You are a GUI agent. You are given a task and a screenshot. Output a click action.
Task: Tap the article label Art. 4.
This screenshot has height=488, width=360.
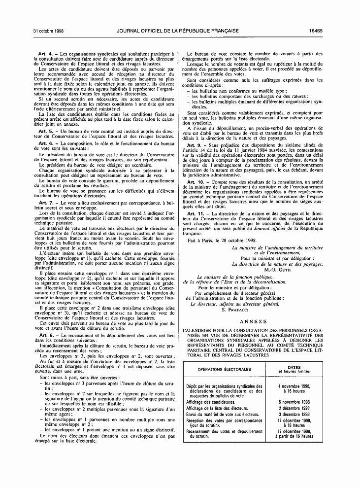pos(45,53)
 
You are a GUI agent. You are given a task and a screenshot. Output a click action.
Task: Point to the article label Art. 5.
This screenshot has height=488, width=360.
pos(45,131)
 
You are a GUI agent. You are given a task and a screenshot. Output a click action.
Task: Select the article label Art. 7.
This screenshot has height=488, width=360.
pos(45,203)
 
